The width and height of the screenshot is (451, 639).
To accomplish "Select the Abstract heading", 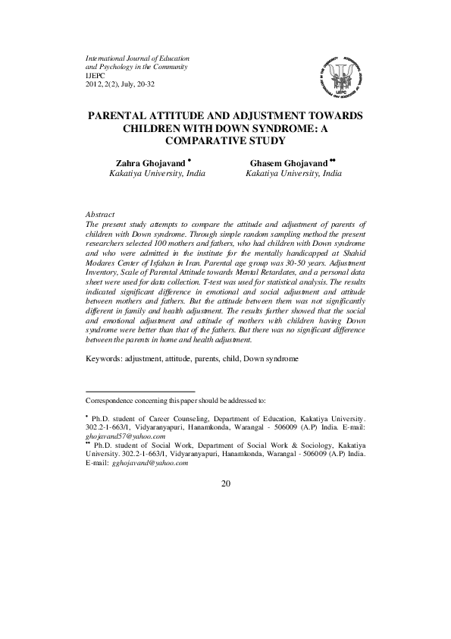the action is coord(102,215).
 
